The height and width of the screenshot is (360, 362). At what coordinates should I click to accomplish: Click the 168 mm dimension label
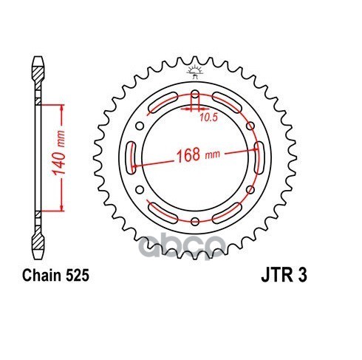(x=198, y=154)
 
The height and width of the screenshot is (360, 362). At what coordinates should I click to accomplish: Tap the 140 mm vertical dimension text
(x=59, y=153)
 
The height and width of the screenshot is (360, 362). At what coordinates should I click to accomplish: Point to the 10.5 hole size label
(x=208, y=118)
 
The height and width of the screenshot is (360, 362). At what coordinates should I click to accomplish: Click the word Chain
(x=41, y=276)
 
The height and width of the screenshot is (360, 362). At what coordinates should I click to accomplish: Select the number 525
(x=77, y=276)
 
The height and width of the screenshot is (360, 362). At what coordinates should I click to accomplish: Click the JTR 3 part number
(x=284, y=276)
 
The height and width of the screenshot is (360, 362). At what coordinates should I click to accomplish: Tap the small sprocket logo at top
(x=195, y=72)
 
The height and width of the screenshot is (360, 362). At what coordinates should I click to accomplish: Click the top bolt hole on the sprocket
(x=195, y=95)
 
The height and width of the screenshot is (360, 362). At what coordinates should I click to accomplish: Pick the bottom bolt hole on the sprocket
(x=195, y=221)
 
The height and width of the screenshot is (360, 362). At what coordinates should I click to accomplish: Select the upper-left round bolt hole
(x=140, y=126)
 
